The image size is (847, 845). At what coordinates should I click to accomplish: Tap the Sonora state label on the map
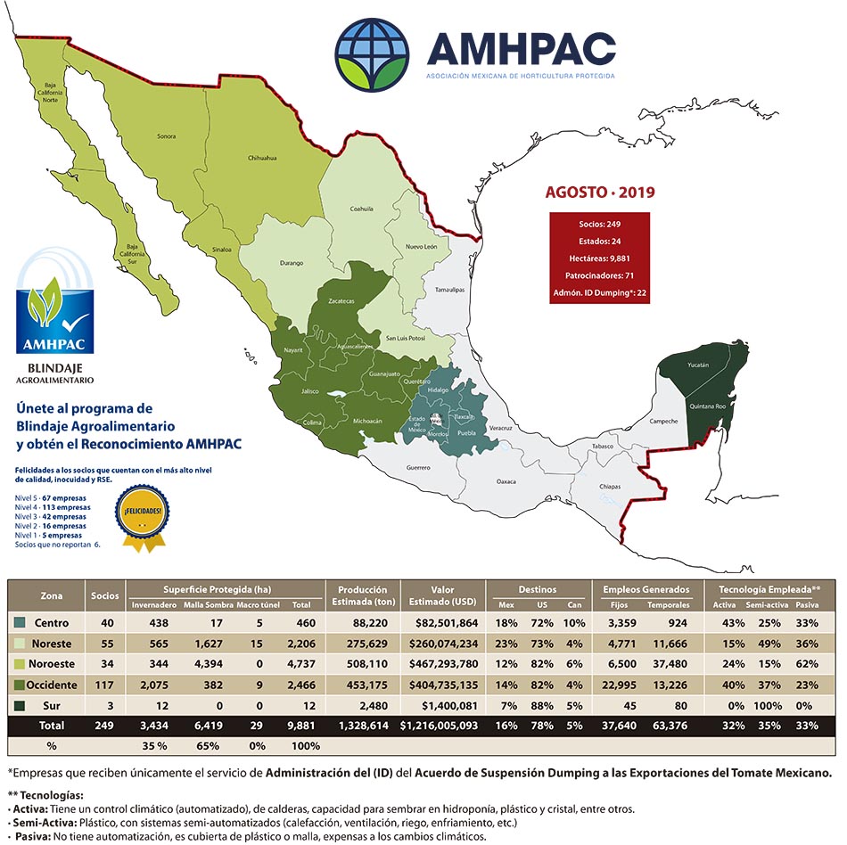pyautogui.click(x=166, y=136)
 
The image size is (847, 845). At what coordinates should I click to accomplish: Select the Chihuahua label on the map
pyautogui.click(x=262, y=158)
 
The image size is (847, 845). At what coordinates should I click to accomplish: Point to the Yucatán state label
pyautogui.click(x=698, y=365)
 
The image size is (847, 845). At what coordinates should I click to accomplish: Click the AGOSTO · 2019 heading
pyautogui.click(x=599, y=192)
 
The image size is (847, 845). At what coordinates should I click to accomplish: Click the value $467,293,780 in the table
pyautogui.click(x=440, y=663)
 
